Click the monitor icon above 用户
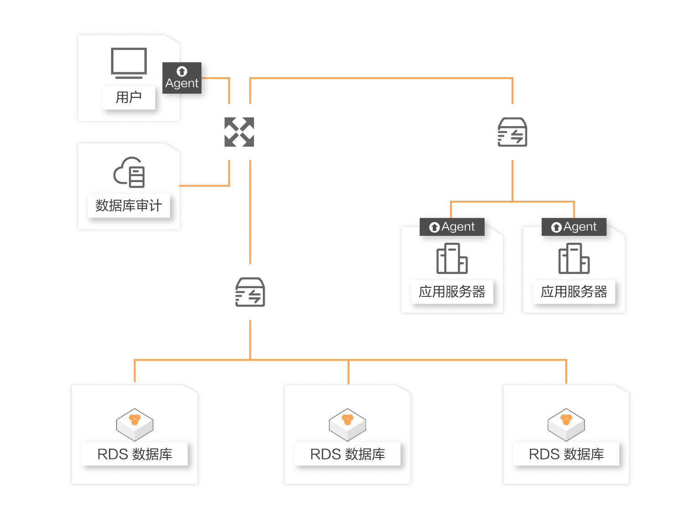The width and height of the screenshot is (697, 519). click(x=129, y=63)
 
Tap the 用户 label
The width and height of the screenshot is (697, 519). click(x=129, y=97)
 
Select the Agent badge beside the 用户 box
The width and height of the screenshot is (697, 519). click(x=182, y=78)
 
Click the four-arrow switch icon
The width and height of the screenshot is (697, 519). click(x=239, y=132)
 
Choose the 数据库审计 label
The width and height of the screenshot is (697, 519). click(x=129, y=206)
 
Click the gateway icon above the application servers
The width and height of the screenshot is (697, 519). click(x=512, y=132)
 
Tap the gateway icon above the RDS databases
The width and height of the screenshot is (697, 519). click(x=250, y=292)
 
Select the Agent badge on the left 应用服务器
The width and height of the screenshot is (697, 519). click(x=452, y=227)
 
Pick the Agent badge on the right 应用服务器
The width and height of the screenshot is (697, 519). click(x=574, y=227)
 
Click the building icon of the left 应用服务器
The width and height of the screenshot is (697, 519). click(x=452, y=258)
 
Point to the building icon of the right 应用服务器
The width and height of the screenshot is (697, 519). click(x=574, y=258)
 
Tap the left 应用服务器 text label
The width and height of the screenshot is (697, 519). click(x=452, y=292)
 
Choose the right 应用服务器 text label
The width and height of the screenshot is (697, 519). click(x=574, y=292)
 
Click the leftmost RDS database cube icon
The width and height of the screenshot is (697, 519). click(x=135, y=424)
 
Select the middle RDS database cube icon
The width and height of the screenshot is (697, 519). click(x=348, y=424)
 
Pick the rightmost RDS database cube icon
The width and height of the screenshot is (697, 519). click(x=566, y=424)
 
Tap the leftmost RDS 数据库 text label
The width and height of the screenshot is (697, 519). click(x=135, y=454)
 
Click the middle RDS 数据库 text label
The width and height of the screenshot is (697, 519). click(x=348, y=454)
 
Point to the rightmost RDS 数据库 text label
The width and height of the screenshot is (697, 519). click(x=566, y=454)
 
